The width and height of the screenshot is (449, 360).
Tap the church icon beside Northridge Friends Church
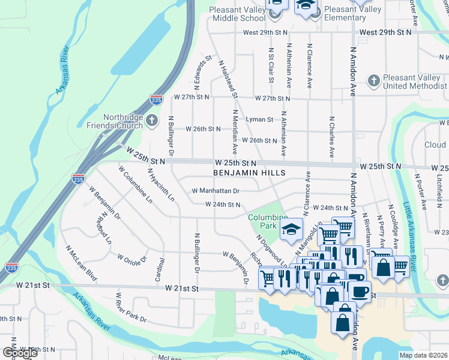(x=152, y=122)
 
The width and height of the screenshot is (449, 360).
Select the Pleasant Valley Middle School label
(x=237, y=14)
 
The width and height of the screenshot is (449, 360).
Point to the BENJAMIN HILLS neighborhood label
(x=249, y=172)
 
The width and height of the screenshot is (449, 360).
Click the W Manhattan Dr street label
(x=215, y=191)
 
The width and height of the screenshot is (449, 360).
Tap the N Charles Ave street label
(x=331, y=137)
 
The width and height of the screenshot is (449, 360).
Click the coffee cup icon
(x=360, y=292)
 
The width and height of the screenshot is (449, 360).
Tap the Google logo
(x=20, y=352)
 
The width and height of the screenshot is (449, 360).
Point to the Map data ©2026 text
(x=423, y=355)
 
